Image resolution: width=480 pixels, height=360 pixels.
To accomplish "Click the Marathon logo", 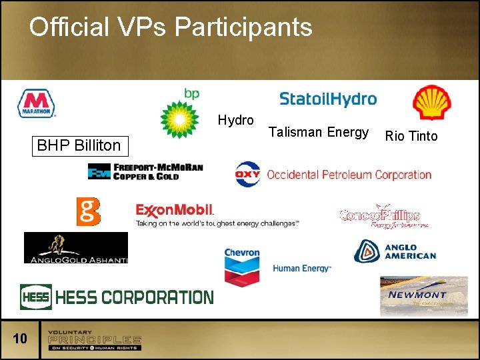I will (37, 104).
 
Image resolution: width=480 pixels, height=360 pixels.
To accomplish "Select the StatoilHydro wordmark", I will (328, 99).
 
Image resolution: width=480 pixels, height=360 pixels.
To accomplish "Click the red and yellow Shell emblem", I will (431, 103).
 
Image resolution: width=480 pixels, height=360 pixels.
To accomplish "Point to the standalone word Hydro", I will (235, 121).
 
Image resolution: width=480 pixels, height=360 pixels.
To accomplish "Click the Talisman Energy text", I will (318, 133).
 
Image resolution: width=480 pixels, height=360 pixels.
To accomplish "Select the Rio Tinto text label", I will (411, 137).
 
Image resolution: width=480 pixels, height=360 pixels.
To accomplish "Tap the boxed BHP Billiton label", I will (79, 145).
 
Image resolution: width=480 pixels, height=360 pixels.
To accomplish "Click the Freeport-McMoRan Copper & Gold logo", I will (145, 171).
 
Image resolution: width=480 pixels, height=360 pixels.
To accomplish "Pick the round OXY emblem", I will (247, 175).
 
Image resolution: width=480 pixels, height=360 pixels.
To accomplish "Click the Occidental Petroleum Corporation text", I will (349, 175).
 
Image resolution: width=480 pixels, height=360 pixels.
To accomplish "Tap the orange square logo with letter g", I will (88, 211).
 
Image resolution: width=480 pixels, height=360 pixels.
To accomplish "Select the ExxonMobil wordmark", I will (175, 211).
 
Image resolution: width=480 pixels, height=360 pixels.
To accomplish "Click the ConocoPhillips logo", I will (380, 216).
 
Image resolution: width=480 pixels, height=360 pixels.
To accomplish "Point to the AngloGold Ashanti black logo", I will (75, 247).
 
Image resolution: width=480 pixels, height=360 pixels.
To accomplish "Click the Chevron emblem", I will (242, 266).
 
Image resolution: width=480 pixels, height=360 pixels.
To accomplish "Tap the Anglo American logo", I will (395, 251).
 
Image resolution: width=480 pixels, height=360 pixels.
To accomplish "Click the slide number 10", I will (20, 339).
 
